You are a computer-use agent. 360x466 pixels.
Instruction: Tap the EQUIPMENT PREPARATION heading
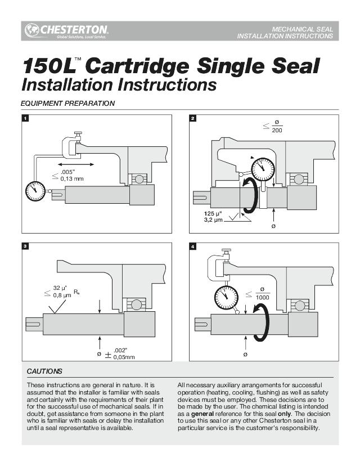67,104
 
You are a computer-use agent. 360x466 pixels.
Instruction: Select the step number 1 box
25,119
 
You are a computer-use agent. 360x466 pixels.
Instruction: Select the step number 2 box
193,119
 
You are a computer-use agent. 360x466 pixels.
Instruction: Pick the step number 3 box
25,247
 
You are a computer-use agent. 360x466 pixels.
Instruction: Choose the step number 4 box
193,247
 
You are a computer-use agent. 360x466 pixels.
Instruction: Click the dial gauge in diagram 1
37,192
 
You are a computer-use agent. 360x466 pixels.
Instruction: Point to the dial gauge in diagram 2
263,167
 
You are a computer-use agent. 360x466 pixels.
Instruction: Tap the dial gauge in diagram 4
226,296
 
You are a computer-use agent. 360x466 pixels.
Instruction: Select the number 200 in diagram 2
277,131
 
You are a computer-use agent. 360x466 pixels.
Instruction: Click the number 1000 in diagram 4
262,297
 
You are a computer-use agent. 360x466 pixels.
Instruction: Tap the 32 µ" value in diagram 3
60,288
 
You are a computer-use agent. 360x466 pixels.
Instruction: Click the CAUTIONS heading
44,371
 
